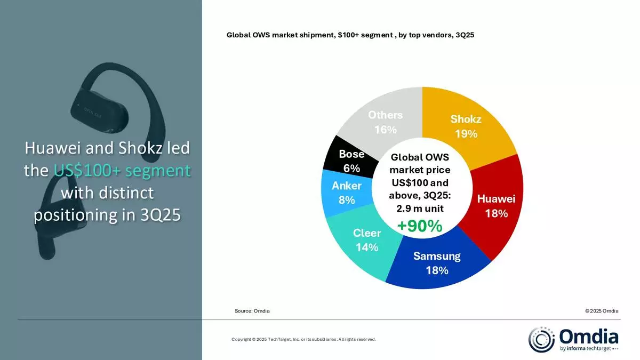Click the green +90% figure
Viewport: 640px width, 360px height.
coord(420,226)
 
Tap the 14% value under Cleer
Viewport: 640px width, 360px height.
coord(366,247)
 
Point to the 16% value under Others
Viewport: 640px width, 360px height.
coord(385,130)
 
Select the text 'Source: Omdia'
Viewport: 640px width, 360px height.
coord(252,311)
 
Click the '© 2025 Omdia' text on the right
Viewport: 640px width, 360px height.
coord(601,311)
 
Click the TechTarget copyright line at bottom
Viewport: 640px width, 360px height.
coord(303,339)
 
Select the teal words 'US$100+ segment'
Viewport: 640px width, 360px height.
coord(122,171)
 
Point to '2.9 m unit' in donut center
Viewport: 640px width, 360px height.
coord(420,209)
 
